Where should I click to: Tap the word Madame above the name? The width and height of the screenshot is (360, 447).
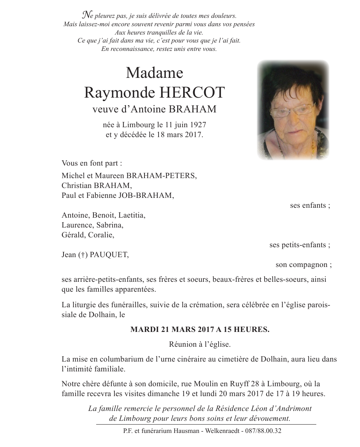pos(154,72)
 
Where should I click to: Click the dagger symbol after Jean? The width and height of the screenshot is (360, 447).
pos(83,255)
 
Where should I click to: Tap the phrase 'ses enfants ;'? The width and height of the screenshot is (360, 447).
pos(310,205)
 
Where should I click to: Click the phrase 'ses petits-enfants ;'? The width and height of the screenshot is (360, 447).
pos(300,245)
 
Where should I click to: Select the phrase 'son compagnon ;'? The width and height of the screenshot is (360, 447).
pos(303,265)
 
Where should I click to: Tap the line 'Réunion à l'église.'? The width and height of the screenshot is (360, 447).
pos(200,344)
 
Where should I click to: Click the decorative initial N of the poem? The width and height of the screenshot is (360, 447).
pos(87,16)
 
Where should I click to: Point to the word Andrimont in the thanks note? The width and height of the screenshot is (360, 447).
pos(288,409)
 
